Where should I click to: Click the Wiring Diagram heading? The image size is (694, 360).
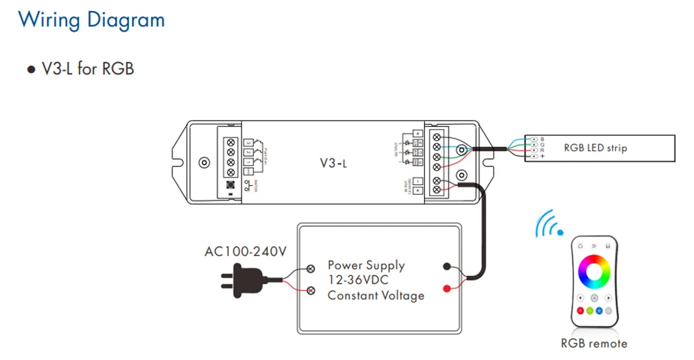(x=91, y=19)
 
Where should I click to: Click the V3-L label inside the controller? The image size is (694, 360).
(x=333, y=163)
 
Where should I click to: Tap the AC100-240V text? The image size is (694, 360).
(x=245, y=251)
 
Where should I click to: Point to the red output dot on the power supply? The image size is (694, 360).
(x=446, y=287)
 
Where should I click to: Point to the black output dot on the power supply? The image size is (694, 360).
(x=446, y=266)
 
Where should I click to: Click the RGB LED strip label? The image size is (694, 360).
(x=595, y=148)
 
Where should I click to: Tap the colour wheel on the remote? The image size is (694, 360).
(x=594, y=271)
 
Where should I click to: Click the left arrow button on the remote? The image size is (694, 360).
(x=579, y=298)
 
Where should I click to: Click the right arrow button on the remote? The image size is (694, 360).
(x=609, y=298)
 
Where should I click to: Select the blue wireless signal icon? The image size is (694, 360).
(x=549, y=223)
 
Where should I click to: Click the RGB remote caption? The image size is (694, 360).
(x=594, y=343)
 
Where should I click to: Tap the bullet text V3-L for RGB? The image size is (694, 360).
(x=87, y=69)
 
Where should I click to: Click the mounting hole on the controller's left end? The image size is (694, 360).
(x=203, y=163)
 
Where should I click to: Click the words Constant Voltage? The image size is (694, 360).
(x=375, y=295)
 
